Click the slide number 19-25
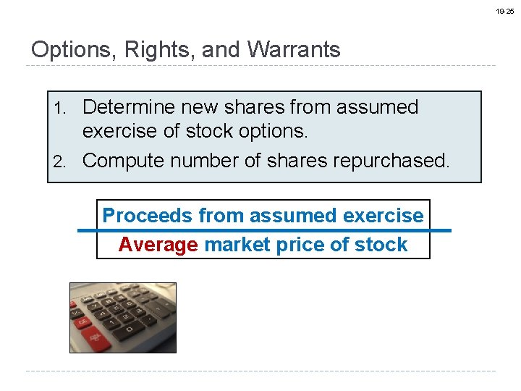505,12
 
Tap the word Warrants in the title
293,50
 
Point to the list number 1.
62,109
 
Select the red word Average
158,245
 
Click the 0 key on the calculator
129,329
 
